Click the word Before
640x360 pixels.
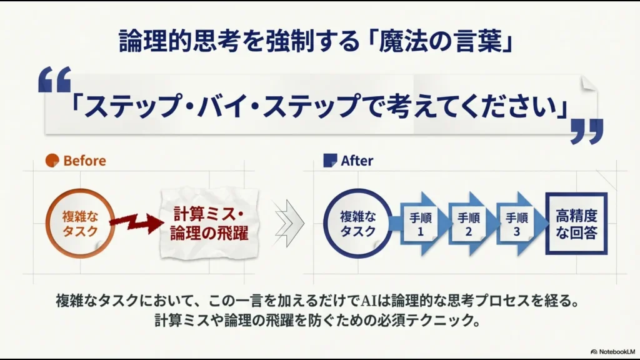[x=84, y=161]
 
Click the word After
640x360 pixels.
[x=357, y=161]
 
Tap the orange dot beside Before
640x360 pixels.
[x=52, y=161]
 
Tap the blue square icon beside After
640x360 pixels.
[x=329, y=160]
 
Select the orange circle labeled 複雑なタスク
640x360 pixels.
[x=79, y=223]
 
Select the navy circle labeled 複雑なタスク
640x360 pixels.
[x=358, y=223]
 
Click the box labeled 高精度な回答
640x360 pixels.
[x=576, y=224]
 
